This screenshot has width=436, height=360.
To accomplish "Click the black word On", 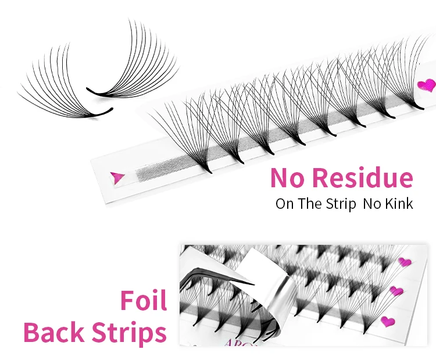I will click(x=285, y=204).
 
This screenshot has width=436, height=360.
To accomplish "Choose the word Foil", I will click(x=144, y=301).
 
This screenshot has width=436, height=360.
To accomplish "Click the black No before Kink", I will click(x=371, y=204).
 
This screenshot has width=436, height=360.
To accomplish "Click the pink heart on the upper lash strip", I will click(x=427, y=85).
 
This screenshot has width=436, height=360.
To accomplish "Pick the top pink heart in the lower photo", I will click(x=405, y=262).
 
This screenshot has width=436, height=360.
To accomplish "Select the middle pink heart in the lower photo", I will click(x=396, y=291).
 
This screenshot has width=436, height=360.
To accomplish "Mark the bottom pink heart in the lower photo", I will click(x=387, y=320).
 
